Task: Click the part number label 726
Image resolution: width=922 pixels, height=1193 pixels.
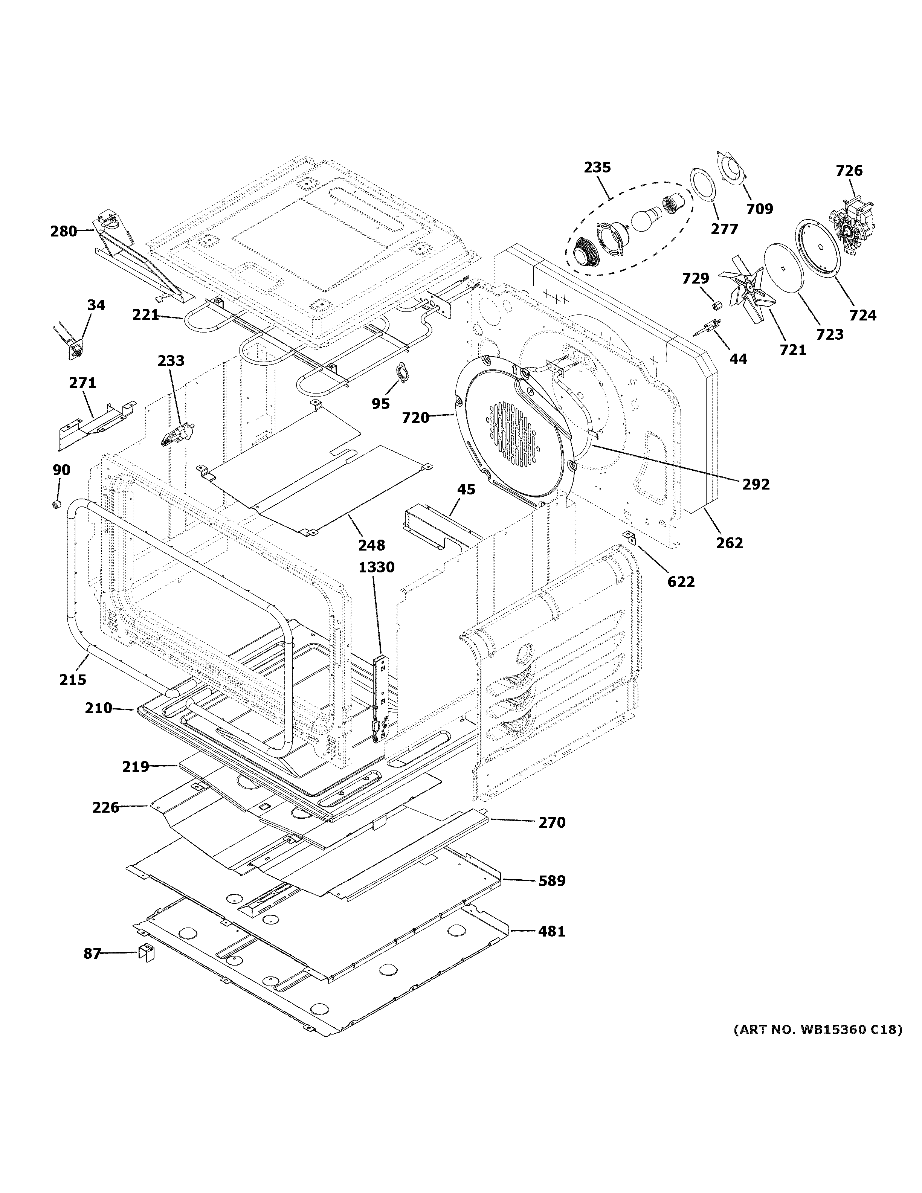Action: point(849,171)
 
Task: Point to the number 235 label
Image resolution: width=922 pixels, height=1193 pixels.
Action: point(597,167)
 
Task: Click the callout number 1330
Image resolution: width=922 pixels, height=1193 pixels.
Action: point(376,568)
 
